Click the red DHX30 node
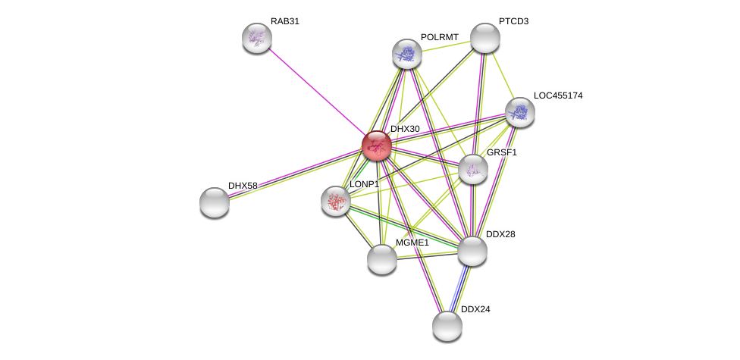(376, 146)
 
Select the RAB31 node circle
(257, 38)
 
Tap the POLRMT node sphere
(407, 54)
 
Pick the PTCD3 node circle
(485, 38)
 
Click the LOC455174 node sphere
(520, 112)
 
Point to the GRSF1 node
(473, 169)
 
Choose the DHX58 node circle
(215, 202)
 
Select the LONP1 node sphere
(335, 201)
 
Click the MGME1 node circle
(382, 259)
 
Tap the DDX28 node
(472, 251)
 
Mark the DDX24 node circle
(447, 326)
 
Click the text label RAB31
(285, 21)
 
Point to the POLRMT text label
(440, 37)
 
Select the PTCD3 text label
(513, 21)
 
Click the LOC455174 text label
(558, 95)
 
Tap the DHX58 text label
(243, 186)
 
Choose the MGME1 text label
(412, 243)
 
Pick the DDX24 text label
(475, 309)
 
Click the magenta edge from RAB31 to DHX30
(316, 91)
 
